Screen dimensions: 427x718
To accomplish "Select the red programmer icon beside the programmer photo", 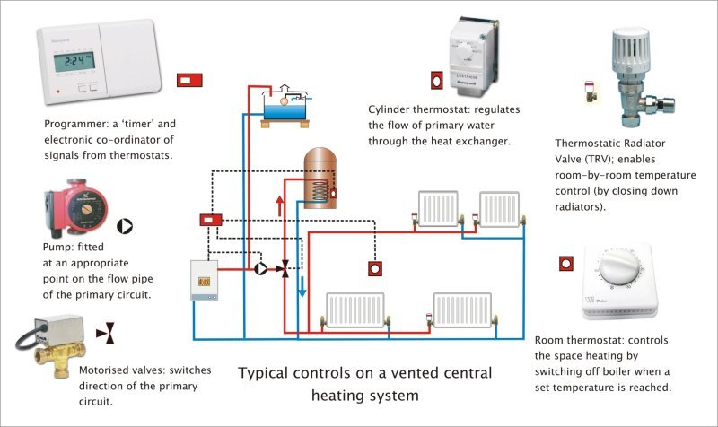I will coord(189,81).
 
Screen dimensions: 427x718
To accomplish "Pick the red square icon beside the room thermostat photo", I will coord(565,264).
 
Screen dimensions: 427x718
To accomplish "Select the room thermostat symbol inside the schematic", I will coord(372,267).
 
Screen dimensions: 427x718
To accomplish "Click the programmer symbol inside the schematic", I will coord(211,219).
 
